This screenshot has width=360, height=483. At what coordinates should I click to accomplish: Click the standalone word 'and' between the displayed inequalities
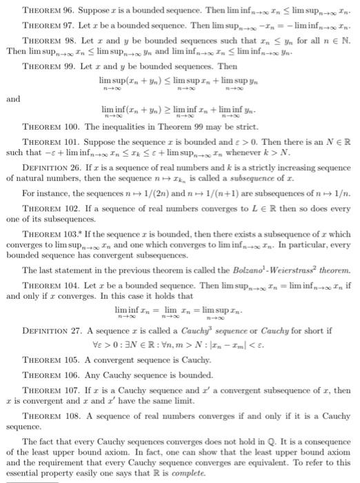pos(13,99)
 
